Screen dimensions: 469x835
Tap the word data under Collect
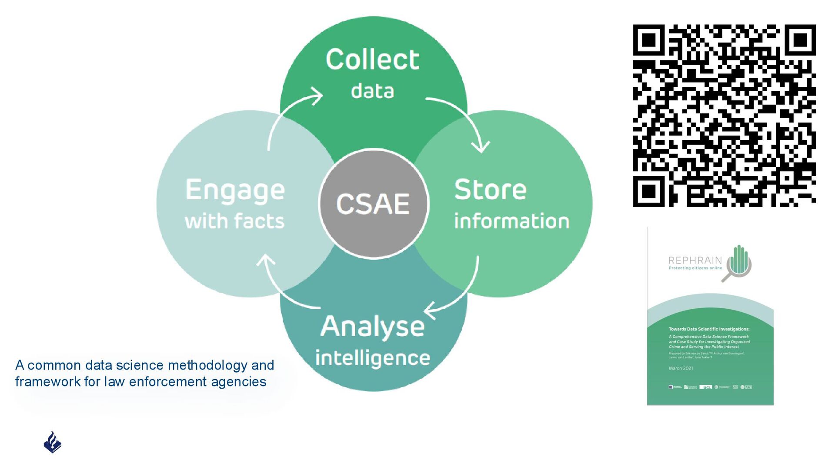(x=372, y=91)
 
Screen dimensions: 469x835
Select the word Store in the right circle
(x=490, y=190)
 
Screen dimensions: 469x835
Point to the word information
(x=511, y=221)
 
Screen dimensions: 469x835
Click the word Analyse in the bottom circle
(x=372, y=327)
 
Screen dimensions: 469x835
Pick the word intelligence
(x=372, y=358)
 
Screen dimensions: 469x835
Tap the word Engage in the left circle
(x=235, y=191)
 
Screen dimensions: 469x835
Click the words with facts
(x=234, y=221)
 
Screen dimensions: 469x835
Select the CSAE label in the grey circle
(x=373, y=204)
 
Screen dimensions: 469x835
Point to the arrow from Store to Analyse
(x=461, y=291)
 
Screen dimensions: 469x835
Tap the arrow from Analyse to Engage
(x=283, y=289)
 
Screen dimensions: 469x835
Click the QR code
(x=724, y=116)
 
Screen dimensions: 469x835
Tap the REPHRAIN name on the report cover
(x=695, y=261)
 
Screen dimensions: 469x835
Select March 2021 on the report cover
(x=681, y=368)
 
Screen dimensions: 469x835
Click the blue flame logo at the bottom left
(x=53, y=443)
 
